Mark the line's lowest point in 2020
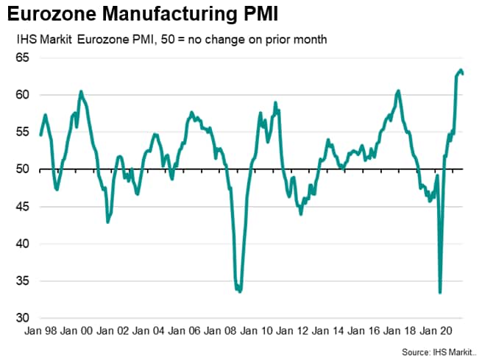(440, 292)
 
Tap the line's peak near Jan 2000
(81, 91)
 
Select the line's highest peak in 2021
(460, 71)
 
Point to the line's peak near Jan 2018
(398, 91)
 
